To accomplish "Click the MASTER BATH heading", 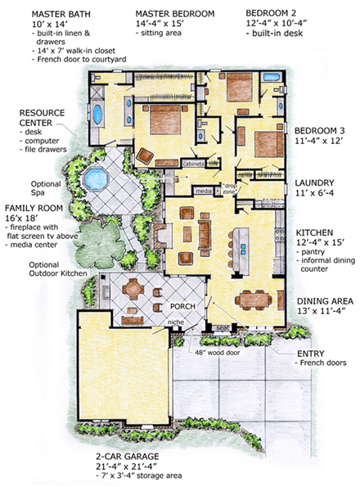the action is (x=61, y=14).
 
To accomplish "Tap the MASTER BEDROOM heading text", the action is (x=175, y=14).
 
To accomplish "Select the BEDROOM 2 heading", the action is (x=271, y=13).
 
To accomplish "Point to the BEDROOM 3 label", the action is (x=320, y=130).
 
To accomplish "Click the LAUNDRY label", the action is (x=314, y=183).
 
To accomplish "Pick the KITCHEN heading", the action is (x=314, y=232).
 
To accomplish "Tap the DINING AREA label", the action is (x=326, y=301).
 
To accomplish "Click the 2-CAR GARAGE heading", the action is (x=128, y=456).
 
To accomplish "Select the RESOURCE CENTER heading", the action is (x=42, y=118).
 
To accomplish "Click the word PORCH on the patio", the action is (x=182, y=306).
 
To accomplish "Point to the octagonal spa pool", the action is (x=95, y=178).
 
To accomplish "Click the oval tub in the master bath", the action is (x=97, y=115).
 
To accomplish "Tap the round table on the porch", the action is (x=133, y=289).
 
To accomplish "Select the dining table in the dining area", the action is (x=254, y=300).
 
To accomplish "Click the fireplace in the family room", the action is (x=163, y=235).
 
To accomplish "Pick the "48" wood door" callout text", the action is (x=218, y=353).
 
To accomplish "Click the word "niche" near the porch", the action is (x=176, y=322).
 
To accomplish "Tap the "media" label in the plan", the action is (x=204, y=191).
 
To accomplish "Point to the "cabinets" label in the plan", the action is (x=193, y=164).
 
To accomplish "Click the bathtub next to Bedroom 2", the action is (x=272, y=77).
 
